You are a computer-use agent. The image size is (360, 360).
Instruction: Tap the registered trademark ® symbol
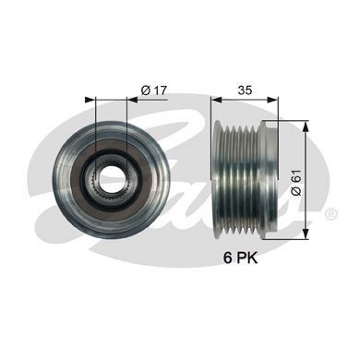[330, 213]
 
